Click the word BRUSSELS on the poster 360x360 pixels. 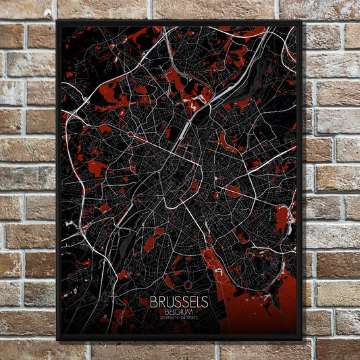tap(179, 303)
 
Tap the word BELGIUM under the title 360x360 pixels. tap(179, 311)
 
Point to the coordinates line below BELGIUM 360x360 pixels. tap(179, 317)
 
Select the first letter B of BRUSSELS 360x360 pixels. tap(153, 303)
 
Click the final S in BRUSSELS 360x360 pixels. tap(205, 303)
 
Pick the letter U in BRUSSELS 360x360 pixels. tap(169, 303)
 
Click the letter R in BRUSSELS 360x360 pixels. tap(161, 303)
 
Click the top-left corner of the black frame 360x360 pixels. tap(57, 21)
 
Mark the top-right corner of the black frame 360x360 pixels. tap(301, 21)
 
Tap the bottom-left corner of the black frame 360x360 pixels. tap(57, 339)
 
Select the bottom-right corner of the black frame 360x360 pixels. tap(301, 339)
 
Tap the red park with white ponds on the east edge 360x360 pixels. tap(282, 220)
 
